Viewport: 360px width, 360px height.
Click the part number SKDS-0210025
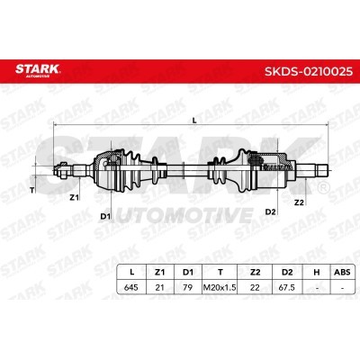coord(309,71)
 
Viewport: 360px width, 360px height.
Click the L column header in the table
coord(131,273)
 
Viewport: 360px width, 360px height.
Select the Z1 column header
coord(159,273)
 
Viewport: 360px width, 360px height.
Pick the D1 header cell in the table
coord(188,273)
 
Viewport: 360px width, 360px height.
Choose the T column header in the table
coord(220,273)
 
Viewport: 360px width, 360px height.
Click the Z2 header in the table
coord(255,273)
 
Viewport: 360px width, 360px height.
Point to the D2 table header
coord(287,273)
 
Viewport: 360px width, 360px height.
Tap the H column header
coord(316,273)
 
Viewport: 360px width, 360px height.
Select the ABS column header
coord(342,273)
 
